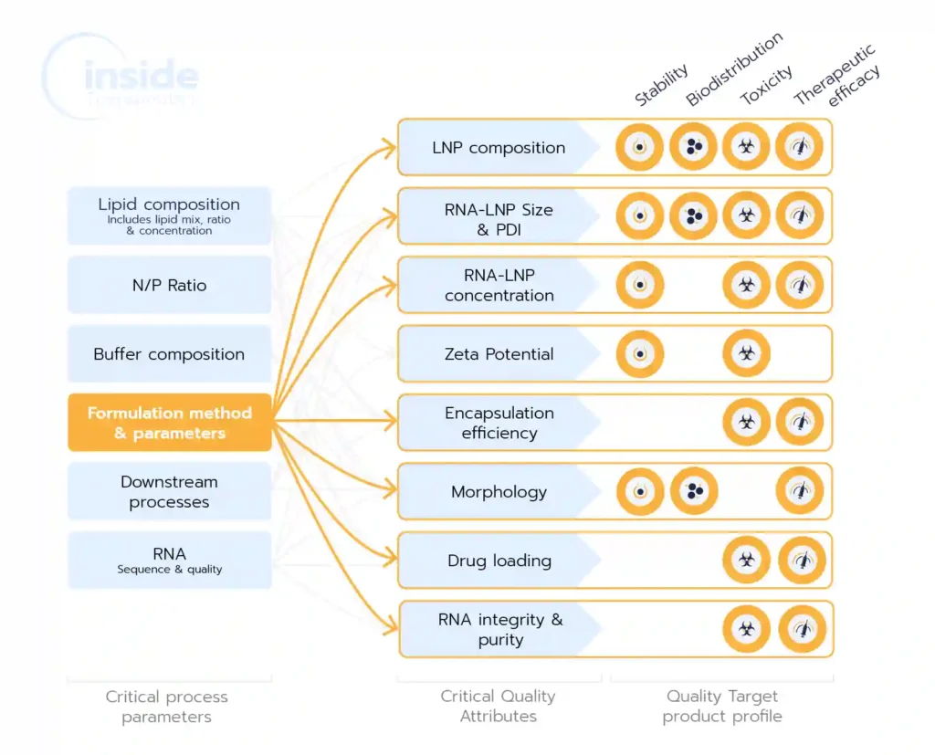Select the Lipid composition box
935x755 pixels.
click(x=169, y=215)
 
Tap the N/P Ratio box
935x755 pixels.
click(x=169, y=285)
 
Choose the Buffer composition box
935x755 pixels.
click(x=169, y=354)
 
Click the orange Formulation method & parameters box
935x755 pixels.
click(x=169, y=423)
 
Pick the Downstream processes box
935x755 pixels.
click(x=169, y=492)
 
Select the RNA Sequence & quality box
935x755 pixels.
click(x=169, y=560)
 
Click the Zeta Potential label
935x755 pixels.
click(x=499, y=354)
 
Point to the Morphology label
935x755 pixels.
click(x=499, y=492)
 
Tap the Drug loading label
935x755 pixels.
click(x=499, y=561)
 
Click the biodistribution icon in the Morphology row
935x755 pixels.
click(x=694, y=492)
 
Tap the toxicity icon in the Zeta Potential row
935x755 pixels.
click(x=747, y=354)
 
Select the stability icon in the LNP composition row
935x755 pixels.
click(x=640, y=147)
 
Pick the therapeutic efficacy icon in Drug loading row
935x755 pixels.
click(x=801, y=561)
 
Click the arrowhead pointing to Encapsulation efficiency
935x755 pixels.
click(x=391, y=422)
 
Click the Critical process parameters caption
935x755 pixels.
click(x=167, y=707)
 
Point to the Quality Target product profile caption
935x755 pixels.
click(x=721, y=707)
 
